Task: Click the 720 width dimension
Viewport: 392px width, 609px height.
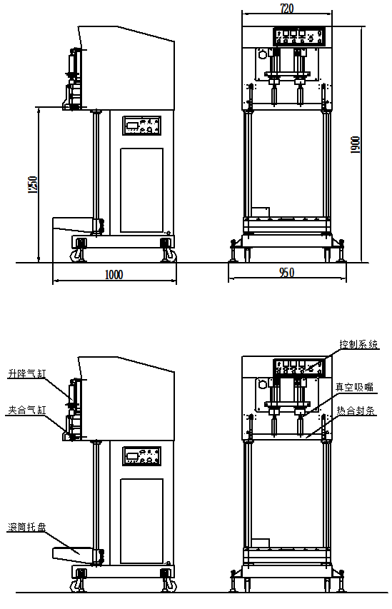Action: pos(287,8)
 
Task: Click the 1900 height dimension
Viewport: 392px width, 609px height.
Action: pos(355,144)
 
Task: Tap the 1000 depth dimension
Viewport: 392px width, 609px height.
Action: pos(114,275)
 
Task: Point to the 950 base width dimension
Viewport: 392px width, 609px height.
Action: pos(287,273)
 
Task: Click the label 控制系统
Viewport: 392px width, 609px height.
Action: pos(358,344)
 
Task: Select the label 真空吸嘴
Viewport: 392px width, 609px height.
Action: pos(354,387)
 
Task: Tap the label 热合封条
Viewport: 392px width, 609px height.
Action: pos(356,411)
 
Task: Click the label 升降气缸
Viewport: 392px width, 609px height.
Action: pos(27,373)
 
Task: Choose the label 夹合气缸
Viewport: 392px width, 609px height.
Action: pos(27,410)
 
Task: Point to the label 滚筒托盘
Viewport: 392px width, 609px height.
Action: pos(27,527)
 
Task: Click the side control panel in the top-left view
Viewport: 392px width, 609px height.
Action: pos(142,126)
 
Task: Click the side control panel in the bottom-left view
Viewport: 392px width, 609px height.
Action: pos(142,456)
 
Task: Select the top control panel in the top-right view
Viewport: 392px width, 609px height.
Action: pos(299,37)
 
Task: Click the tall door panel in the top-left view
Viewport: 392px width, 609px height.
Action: pos(141,190)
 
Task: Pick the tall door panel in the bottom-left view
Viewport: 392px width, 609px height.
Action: pos(141,521)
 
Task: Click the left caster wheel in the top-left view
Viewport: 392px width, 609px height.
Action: pos(76,256)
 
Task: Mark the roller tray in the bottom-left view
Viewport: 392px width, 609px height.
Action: pos(74,555)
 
